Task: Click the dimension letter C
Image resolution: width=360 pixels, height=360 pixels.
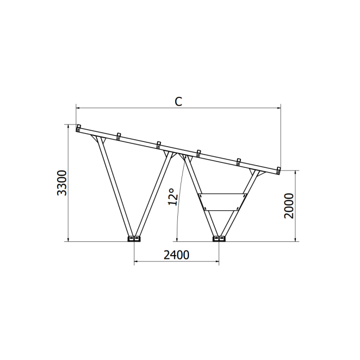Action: coord(178,102)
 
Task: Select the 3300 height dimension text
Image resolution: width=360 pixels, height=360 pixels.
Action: coord(62,183)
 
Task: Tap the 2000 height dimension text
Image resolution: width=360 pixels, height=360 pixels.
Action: coord(288,205)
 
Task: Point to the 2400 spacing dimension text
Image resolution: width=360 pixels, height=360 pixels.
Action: coord(176,255)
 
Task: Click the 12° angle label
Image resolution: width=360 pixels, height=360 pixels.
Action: coord(172,196)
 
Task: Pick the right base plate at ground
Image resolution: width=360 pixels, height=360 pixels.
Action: coord(219,239)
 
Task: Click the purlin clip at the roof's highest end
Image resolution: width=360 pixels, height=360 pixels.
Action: coord(78,128)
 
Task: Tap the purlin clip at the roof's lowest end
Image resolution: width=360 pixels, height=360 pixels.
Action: coord(278,170)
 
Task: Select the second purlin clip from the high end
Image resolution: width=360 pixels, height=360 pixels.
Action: coord(119,136)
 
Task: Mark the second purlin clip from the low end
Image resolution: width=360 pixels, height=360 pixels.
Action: coord(239,161)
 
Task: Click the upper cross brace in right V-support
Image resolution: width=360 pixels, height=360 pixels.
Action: coord(222,194)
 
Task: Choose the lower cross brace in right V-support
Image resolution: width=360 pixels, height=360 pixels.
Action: coord(222,210)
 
